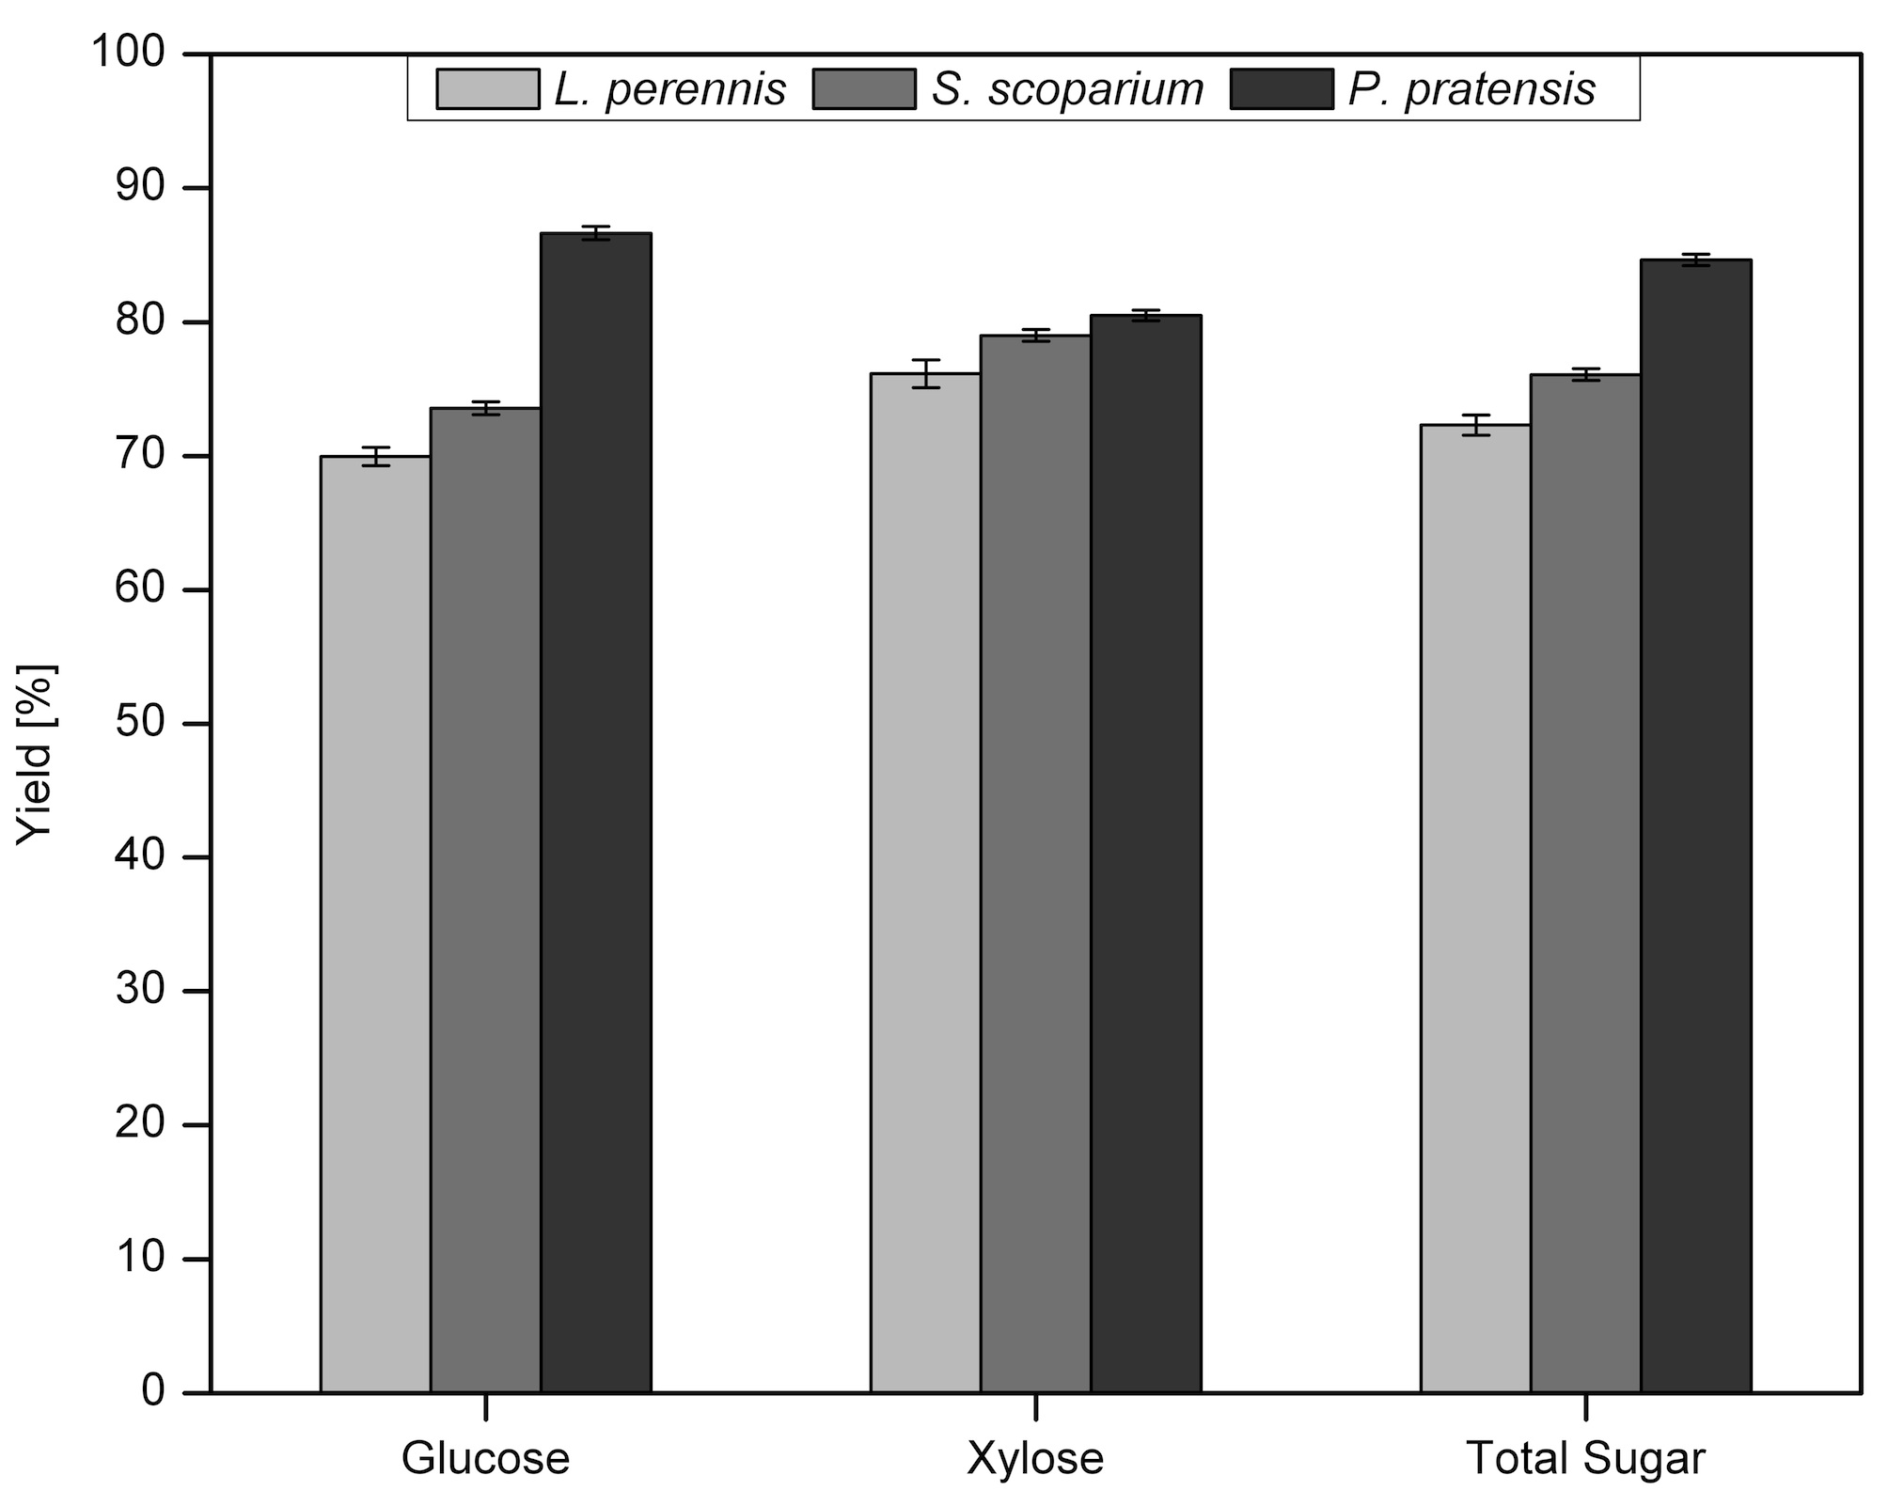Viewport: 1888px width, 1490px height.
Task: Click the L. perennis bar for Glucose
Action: (x=375, y=924)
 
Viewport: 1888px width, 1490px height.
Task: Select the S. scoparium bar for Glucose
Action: (x=485, y=900)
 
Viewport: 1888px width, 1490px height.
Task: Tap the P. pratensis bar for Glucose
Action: (x=596, y=812)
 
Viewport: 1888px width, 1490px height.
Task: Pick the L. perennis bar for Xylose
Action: (x=925, y=883)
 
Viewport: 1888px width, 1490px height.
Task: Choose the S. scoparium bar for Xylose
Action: (x=1035, y=864)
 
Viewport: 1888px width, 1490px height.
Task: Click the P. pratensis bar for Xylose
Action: (x=1146, y=854)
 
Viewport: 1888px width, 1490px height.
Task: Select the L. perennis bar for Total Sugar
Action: (x=1475, y=908)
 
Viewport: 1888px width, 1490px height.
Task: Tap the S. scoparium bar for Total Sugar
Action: (x=1585, y=884)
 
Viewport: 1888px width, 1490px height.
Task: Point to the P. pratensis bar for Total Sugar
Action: (x=1696, y=825)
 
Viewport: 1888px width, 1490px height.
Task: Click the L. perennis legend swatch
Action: (x=488, y=89)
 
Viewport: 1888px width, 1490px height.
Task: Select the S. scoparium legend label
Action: (x=1068, y=90)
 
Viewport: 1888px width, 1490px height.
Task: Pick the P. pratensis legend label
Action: (x=1472, y=90)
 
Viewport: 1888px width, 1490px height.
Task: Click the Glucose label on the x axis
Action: (x=485, y=1458)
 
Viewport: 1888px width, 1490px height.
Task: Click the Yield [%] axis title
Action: (x=38, y=755)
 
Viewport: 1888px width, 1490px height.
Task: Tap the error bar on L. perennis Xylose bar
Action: (x=925, y=373)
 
